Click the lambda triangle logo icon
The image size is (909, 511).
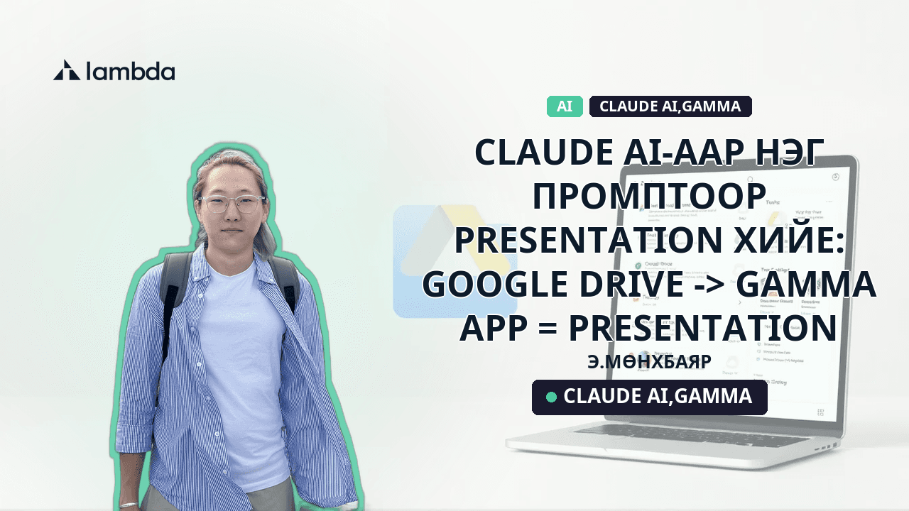67,70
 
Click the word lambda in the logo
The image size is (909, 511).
130,70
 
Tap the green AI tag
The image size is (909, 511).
565,106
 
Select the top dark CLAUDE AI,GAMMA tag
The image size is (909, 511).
670,106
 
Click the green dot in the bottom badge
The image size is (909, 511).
551,397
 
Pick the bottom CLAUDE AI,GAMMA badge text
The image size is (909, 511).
657,397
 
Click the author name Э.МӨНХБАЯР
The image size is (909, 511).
649,361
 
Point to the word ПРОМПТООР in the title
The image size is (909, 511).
649,197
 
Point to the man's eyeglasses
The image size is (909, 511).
231,204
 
